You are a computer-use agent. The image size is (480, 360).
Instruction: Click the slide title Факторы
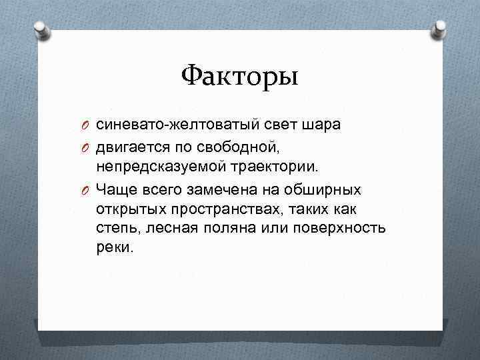(239, 75)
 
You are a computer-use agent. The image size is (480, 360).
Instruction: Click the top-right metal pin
(440, 28)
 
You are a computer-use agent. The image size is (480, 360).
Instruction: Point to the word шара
(320, 124)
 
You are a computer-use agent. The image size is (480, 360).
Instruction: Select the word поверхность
(347, 229)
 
